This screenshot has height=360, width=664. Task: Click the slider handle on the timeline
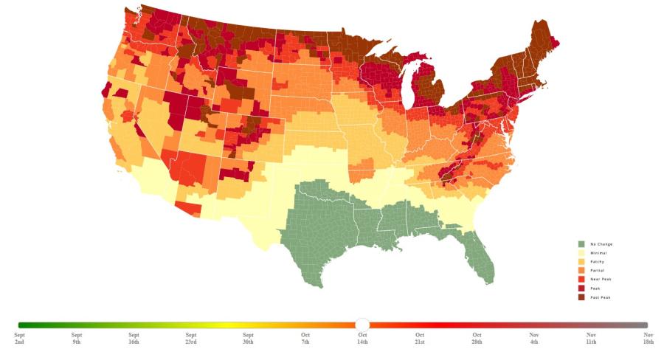tap(362, 325)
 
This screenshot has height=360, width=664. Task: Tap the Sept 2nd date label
tap(19, 339)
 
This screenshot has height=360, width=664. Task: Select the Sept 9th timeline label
tap(77, 339)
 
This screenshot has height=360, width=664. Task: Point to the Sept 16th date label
tap(134, 339)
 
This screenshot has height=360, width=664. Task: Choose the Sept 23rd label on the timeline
tap(191, 339)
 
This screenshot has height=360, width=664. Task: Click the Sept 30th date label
tap(248, 339)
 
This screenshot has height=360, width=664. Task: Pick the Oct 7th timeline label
tap(305, 339)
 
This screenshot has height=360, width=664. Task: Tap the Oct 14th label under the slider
tap(362, 339)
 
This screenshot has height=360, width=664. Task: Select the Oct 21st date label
tap(420, 339)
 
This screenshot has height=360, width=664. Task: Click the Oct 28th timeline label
tap(477, 339)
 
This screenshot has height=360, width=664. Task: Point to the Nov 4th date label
tap(534, 339)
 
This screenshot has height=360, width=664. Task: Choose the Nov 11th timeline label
tap(591, 339)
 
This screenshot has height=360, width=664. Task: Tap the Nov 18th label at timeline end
tap(648, 339)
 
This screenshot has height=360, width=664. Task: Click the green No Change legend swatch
tap(581, 244)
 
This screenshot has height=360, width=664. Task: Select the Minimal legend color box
tap(581, 253)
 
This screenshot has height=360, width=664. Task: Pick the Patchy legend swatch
tap(581, 262)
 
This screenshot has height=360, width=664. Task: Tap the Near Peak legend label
tap(601, 280)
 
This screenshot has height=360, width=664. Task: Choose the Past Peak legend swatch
tap(581, 297)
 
